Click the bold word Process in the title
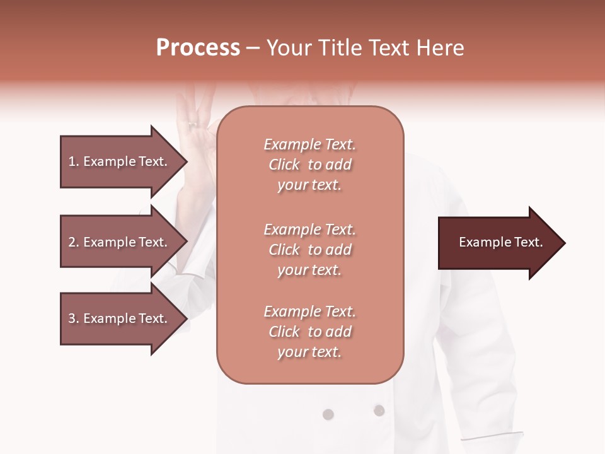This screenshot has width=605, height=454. coord(198,48)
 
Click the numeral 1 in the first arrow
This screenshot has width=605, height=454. coord(72,161)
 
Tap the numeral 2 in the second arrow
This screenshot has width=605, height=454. coord(72,242)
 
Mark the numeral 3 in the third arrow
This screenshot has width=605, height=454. coord(72,318)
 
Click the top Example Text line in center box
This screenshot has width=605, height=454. coord(309,144)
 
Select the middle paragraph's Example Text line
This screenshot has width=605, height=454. coord(309,230)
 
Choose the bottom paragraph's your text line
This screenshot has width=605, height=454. coord(309,352)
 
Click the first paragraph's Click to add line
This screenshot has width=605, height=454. coord(309,165)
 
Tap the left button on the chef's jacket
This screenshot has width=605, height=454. coord(328,414)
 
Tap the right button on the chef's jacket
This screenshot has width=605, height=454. coord(379,410)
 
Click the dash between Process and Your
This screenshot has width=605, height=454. coord(253,48)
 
